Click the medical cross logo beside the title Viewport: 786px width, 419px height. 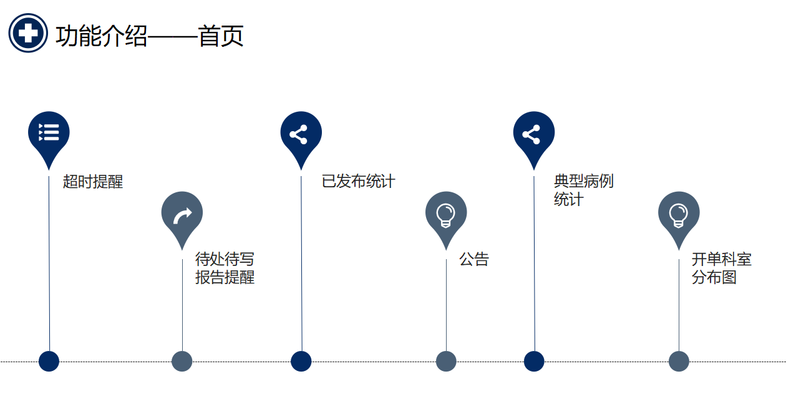[x=28, y=33]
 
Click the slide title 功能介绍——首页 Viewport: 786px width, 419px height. [x=149, y=36]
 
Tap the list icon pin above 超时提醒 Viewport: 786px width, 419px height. [x=49, y=133]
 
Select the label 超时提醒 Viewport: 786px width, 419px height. [x=93, y=182]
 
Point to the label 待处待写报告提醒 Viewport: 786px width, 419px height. [x=225, y=268]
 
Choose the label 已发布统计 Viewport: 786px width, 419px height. [x=358, y=181]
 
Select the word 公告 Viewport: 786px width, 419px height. [x=474, y=259]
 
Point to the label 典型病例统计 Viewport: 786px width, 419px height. [x=583, y=190]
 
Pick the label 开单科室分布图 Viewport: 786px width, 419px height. [x=721, y=268]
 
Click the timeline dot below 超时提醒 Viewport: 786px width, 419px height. [x=49, y=361]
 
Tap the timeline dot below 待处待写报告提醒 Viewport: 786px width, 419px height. [x=182, y=361]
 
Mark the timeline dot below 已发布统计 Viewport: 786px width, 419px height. [x=301, y=361]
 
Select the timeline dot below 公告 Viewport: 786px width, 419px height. [x=446, y=361]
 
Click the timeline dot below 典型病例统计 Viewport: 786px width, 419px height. [x=534, y=361]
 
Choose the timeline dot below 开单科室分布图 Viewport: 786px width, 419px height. [x=679, y=361]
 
